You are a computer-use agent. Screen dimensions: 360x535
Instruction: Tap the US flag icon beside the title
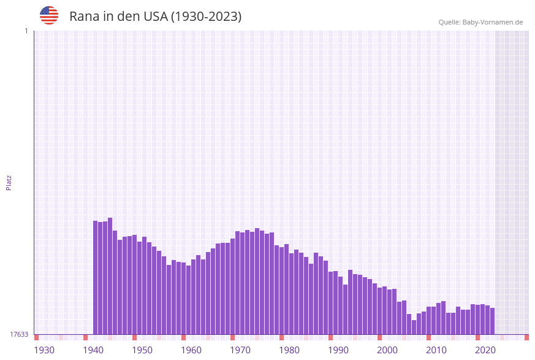[49, 15]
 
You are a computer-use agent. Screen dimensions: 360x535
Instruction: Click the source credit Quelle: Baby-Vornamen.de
[480, 22]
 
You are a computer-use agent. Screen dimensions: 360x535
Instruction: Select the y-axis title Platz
[9, 182]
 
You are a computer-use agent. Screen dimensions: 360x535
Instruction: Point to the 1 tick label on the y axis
[26, 31]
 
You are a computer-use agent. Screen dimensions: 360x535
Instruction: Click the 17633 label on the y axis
[19, 334]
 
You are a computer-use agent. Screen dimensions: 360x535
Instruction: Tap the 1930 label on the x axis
[44, 350]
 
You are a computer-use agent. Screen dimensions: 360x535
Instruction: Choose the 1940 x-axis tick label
[93, 350]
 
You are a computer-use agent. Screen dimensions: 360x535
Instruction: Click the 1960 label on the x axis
[191, 350]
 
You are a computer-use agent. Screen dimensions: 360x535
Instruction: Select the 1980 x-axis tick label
[289, 350]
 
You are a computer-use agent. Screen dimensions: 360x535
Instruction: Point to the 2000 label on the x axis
[387, 350]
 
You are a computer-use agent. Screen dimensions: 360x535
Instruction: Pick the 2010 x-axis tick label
[436, 350]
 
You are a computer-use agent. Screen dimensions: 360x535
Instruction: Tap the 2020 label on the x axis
[485, 350]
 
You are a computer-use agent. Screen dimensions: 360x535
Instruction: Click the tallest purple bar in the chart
[110, 276]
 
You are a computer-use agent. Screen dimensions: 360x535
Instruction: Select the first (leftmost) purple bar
[96, 277]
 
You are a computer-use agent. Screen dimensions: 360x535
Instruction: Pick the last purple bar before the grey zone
[492, 321]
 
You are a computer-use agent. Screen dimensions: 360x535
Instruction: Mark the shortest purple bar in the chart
[414, 327]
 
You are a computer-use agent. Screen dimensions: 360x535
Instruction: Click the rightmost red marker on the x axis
[526, 337]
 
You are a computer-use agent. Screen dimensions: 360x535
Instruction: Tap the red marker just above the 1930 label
[37, 337]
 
